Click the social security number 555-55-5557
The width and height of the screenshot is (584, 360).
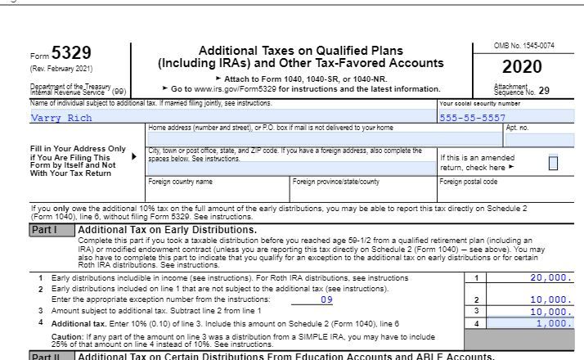pyautogui.click(x=472, y=117)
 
